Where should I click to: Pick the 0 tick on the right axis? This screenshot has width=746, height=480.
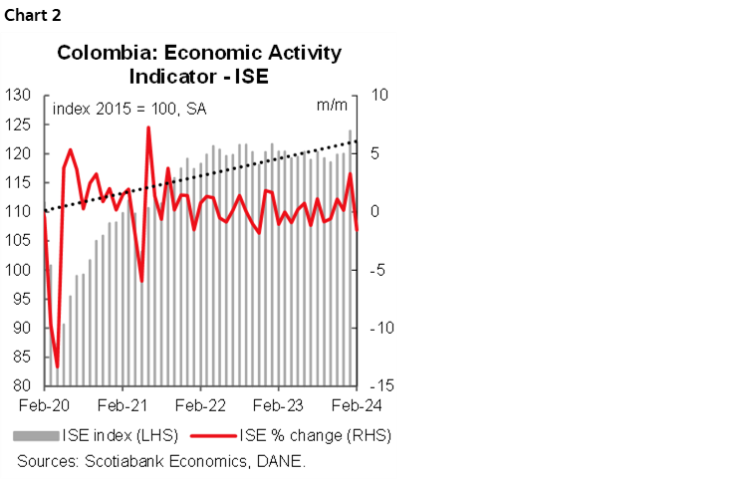(373, 212)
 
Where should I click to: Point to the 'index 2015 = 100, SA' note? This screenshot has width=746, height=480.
(129, 110)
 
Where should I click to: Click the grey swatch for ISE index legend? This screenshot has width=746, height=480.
(36, 435)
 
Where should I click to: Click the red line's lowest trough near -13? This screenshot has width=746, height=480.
(57, 366)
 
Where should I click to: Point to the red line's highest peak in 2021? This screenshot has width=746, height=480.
(148, 127)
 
